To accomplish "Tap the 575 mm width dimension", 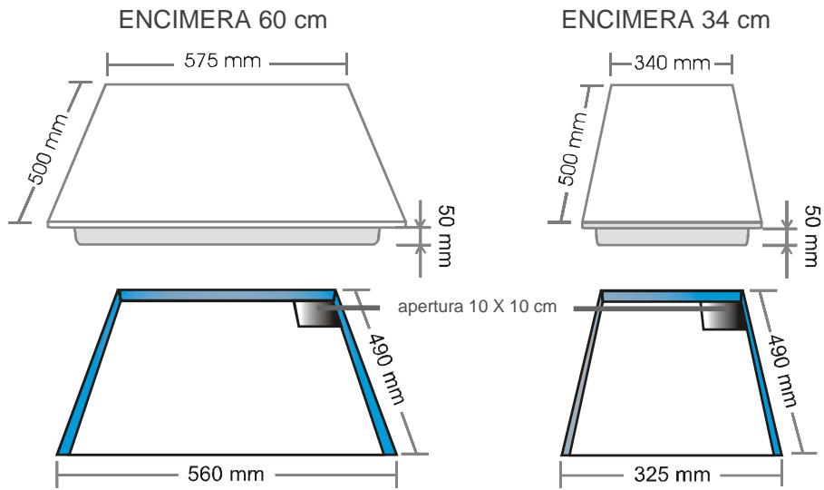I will [227, 64].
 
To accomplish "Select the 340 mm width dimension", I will [671, 64].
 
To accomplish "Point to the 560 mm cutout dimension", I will [227, 473].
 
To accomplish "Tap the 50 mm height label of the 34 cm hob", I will [810, 239].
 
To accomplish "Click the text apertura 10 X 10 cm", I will [478, 307].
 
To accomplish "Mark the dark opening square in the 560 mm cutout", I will [313, 315].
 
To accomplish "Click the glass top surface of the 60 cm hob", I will [227, 150].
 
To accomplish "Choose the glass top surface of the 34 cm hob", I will [672, 150].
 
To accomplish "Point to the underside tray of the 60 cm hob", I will [227, 236].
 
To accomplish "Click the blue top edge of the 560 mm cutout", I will [227, 296].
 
